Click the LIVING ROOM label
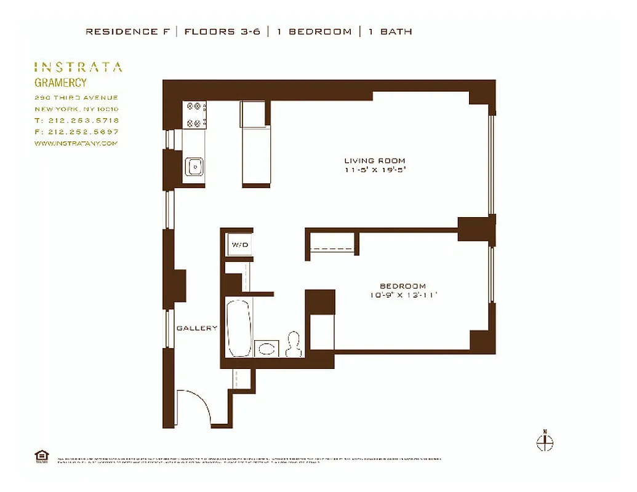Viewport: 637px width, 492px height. (x=374, y=161)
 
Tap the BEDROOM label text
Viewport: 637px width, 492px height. (x=403, y=286)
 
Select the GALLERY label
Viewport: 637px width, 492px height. (x=197, y=328)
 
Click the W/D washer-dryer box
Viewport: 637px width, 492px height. (x=239, y=245)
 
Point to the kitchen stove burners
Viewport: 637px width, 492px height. (x=196, y=114)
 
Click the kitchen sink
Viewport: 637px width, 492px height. (x=195, y=165)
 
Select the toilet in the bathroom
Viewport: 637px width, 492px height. (x=294, y=344)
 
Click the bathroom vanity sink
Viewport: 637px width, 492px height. (x=266, y=349)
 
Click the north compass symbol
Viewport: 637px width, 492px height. (x=545, y=441)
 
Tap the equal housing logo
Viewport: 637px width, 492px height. (x=42, y=456)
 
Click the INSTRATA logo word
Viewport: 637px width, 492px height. (x=78, y=67)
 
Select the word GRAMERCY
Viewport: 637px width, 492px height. (x=60, y=83)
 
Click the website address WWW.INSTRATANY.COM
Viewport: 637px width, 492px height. (x=76, y=143)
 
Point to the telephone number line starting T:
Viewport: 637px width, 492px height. (x=77, y=121)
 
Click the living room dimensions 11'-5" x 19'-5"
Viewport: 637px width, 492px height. (x=375, y=170)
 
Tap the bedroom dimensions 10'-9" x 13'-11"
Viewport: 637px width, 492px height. (x=403, y=295)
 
